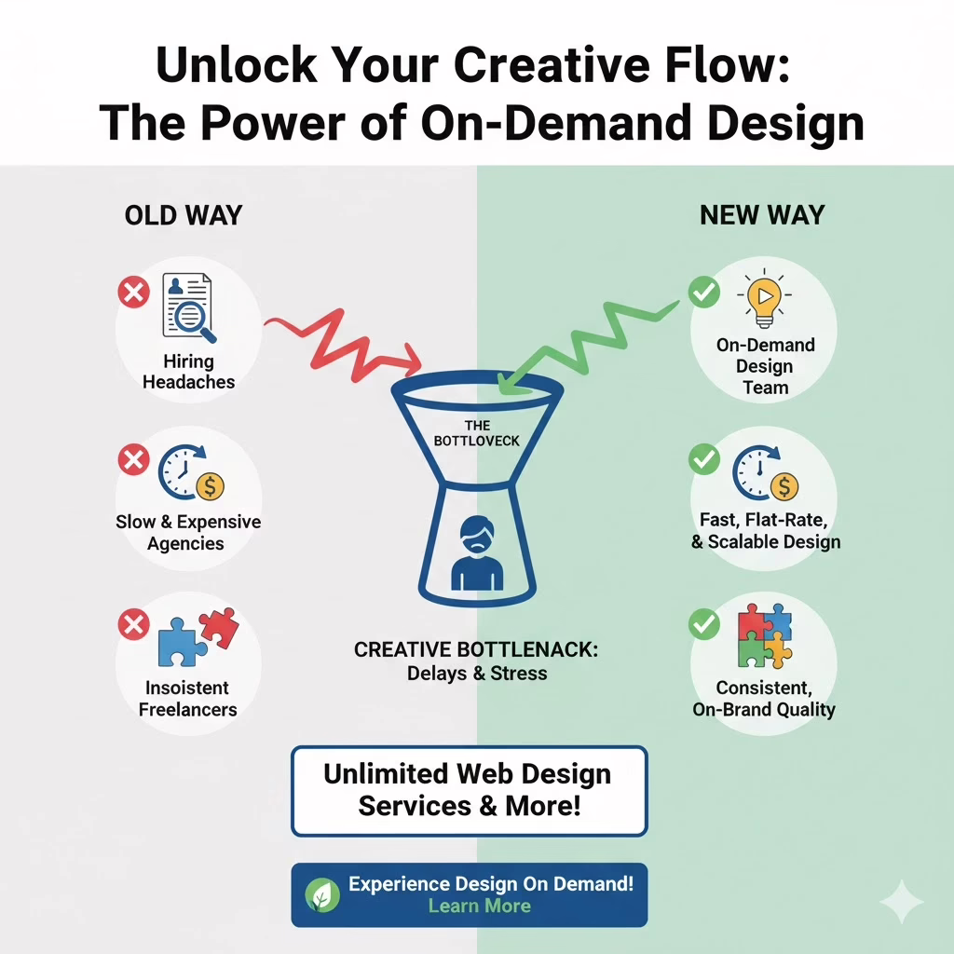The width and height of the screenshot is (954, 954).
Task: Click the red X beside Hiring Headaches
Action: [133, 293]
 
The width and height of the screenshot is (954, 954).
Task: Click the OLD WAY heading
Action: [184, 216]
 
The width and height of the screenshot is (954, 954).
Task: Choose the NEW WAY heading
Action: [762, 216]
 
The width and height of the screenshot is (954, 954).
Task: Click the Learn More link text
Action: [479, 906]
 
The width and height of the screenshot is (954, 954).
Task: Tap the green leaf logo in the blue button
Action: [323, 895]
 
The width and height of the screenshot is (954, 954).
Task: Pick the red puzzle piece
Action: [219, 627]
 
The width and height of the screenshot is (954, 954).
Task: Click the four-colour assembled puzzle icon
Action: [764, 635]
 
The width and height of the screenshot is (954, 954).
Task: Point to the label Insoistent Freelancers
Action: [187, 698]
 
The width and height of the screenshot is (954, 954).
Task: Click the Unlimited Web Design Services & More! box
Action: [469, 790]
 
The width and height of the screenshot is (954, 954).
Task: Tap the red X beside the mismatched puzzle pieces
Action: [133, 623]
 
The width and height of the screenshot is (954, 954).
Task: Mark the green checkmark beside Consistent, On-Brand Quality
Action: [703, 623]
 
